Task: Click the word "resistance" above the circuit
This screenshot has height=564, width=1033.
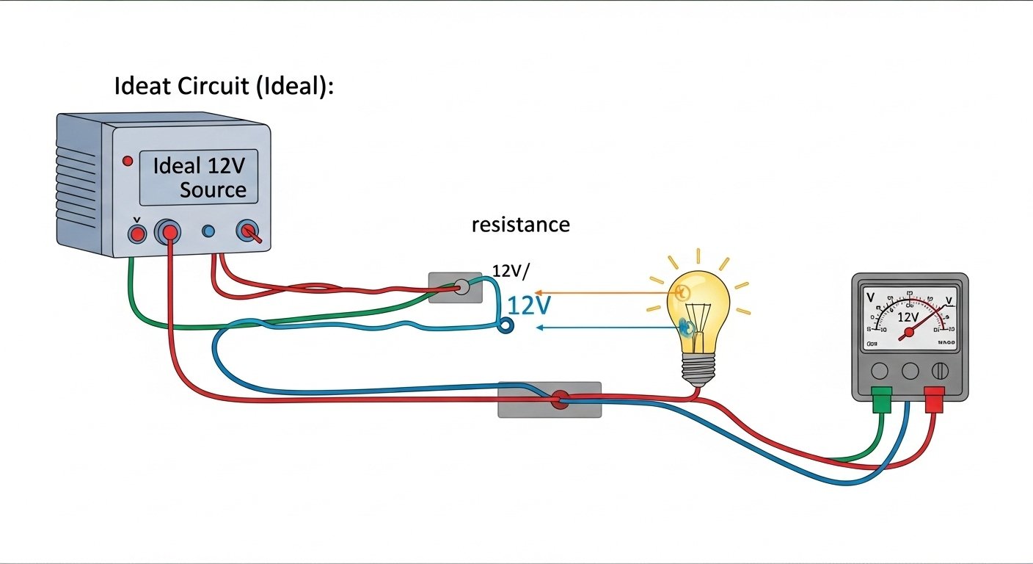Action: pos(520,224)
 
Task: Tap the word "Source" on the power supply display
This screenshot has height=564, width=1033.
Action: pos(213,190)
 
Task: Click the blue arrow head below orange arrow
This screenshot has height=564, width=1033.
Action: pos(540,328)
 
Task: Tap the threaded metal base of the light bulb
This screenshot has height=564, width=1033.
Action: pos(698,369)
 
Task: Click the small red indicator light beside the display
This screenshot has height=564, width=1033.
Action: pos(128,161)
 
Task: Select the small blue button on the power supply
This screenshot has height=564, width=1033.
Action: pos(208,232)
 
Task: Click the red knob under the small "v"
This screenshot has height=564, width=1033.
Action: pos(136,234)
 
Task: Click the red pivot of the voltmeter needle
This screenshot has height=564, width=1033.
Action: pos(909,333)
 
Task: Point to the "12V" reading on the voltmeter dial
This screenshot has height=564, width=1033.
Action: pos(908,317)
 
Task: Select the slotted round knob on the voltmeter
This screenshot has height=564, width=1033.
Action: pos(941,371)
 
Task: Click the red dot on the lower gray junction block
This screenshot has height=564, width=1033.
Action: pos(560,400)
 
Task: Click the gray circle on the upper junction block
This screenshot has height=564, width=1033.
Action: pos(461,286)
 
